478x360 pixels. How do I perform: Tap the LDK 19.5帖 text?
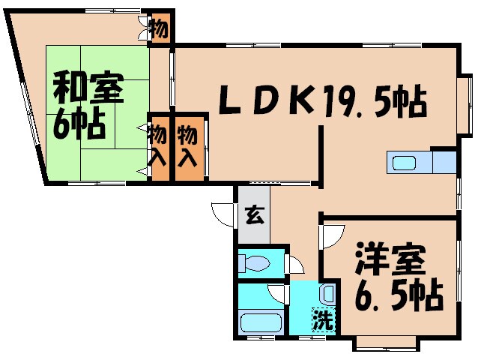click(322, 100)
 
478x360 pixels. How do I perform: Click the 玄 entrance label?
click(253, 215)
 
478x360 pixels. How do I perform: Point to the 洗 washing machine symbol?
click(322, 320)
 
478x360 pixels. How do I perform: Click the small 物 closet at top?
click(160, 29)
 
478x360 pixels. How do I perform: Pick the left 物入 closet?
click(157, 146)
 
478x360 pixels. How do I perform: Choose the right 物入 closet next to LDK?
click(188, 146)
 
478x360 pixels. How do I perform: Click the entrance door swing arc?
click(223, 213)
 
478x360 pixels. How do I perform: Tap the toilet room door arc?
click(295, 263)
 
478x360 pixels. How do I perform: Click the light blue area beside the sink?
click(444, 163)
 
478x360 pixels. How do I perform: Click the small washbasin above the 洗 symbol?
click(328, 295)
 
